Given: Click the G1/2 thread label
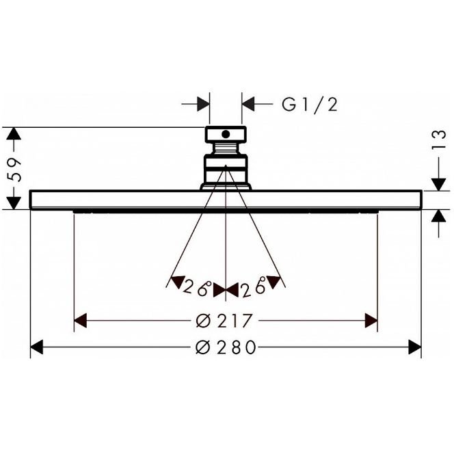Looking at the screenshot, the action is (310, 104).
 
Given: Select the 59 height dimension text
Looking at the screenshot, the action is (14, 170).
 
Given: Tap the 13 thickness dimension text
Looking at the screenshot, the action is (439, 139).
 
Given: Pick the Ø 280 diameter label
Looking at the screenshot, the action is (226, 347).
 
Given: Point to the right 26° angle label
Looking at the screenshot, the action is (254, 286).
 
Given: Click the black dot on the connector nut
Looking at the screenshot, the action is (226, 134).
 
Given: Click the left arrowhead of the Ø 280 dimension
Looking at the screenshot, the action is (36, 347).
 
